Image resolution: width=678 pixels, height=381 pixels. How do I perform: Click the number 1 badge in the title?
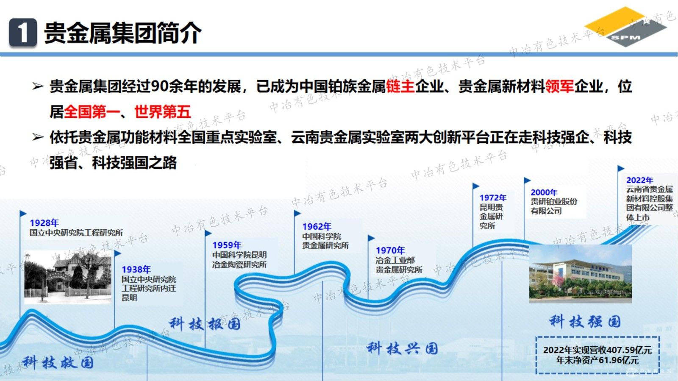pos(22,33)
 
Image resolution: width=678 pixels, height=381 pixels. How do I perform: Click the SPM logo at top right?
pos(625,26)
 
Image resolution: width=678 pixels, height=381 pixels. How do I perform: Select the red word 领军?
pos(559,86)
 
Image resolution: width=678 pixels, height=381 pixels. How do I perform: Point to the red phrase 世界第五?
pos(162,112)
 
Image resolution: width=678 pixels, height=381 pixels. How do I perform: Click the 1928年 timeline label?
pos(44,223)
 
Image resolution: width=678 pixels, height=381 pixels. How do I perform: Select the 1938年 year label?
pos(136,270)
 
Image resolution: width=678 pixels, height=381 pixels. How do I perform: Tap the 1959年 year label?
pos(227,245)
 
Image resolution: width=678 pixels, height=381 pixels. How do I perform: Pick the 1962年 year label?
pos(317,227)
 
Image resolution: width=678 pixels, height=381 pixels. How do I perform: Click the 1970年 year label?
pos(390,250)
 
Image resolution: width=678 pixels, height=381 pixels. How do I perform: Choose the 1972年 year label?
pos(493,197)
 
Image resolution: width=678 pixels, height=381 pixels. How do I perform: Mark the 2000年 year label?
pos(544,192)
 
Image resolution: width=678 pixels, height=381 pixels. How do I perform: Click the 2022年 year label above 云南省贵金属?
pos(639,180)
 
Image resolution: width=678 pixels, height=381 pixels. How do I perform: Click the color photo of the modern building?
pos(580,274)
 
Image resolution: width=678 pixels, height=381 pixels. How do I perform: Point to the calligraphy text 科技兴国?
pos(402,348)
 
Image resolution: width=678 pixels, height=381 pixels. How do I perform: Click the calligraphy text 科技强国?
pos(585,321)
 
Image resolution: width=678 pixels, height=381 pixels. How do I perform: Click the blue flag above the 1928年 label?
pos(23,214)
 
